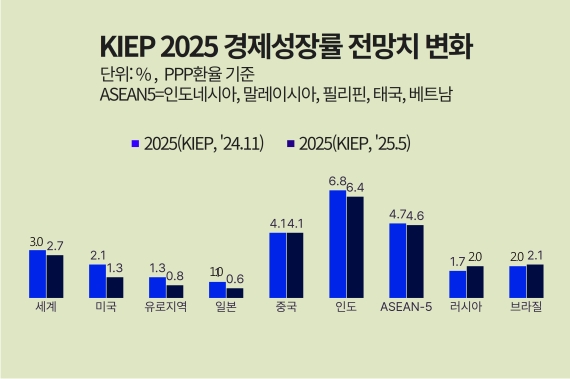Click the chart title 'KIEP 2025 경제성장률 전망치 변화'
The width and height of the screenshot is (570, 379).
pyautogui.click(x=286, y=46)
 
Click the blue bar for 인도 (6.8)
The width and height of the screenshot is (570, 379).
pyautogui.click(x=337, y=244)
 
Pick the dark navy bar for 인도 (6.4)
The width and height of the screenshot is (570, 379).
pyautogui.click(x=355, y=247)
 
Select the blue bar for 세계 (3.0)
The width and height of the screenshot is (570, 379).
pyautogui.click(x=37, y=274)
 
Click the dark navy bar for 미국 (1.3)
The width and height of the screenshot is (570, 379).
pyautogui.click(x=115, y=287)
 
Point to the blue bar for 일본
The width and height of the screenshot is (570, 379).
pyautogui.click(x=217, y=290)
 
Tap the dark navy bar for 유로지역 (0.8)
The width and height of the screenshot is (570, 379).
pyautogui.click(x=175, y=291)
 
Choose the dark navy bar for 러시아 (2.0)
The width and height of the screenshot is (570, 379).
pyautogui.click(x=475, y=282)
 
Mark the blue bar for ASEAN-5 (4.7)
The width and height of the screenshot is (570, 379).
pyautogui.click(x=397, y=260)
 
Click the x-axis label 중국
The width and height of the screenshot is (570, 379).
pyautogui.click(x=286, y=307)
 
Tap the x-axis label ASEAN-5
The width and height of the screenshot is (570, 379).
pyautogui.click(x=406, y=307)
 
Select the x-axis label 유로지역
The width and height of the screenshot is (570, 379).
pyautogui.click(x=166, y=307)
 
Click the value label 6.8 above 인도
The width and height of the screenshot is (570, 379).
pyautogui.click(x=338, y=182)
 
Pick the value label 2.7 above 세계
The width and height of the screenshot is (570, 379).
pyautogui.click(x=56, y=246)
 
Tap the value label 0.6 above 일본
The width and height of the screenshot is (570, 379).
pyautogui.click(x=235, y=279)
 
